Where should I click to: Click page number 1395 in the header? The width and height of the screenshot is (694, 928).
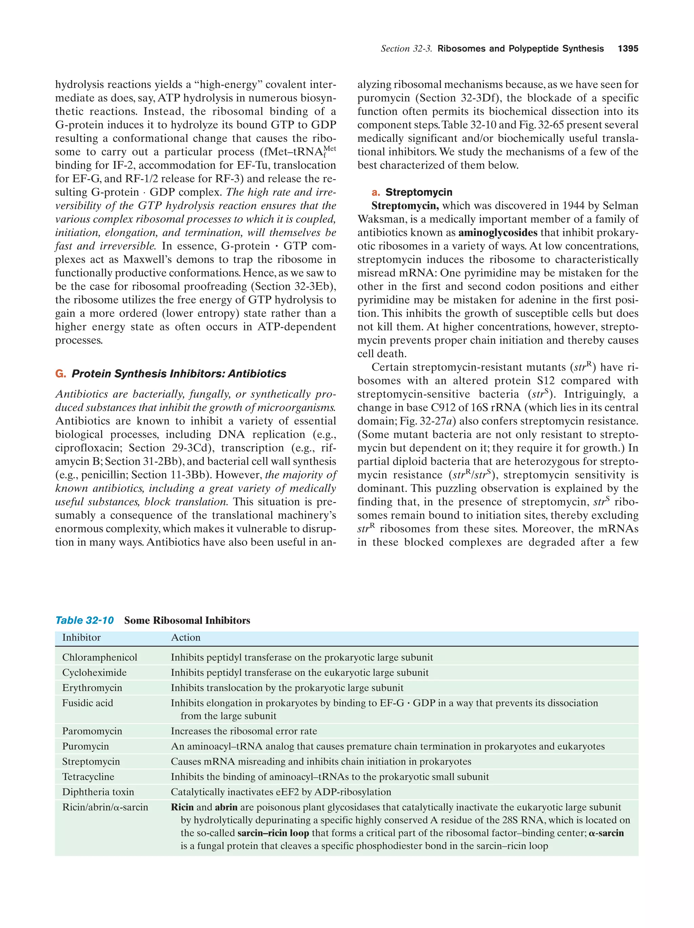(x=628, y=49)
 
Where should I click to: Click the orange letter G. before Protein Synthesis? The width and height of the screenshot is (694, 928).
(x=60, y=374)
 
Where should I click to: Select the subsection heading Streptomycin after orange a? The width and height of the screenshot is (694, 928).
(x=419, y=193)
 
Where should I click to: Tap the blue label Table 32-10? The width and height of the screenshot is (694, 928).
(x=84, y=621)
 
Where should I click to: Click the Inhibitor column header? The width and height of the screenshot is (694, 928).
(x=81, y=638)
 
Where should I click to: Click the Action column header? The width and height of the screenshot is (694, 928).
(x=186, y=638)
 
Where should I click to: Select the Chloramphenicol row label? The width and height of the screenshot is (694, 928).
(x=100, y=657)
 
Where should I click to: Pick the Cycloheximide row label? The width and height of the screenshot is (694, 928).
(x=94, y=672)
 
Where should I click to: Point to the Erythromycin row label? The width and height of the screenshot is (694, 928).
(x=92, y=688)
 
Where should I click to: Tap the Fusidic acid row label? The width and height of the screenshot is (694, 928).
(x=87, y=703)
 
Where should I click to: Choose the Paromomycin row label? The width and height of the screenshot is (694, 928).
(x=92, y=731)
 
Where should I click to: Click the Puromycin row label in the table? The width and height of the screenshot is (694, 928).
(x=85, y=746)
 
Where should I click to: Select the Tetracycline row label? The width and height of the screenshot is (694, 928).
(x=88, y=777)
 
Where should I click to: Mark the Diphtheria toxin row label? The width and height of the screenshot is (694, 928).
(x=98, y=792)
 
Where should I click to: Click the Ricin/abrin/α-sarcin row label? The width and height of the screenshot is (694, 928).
(x=105, y=807)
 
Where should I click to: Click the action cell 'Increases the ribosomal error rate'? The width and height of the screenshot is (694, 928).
(x=244, y=731)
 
